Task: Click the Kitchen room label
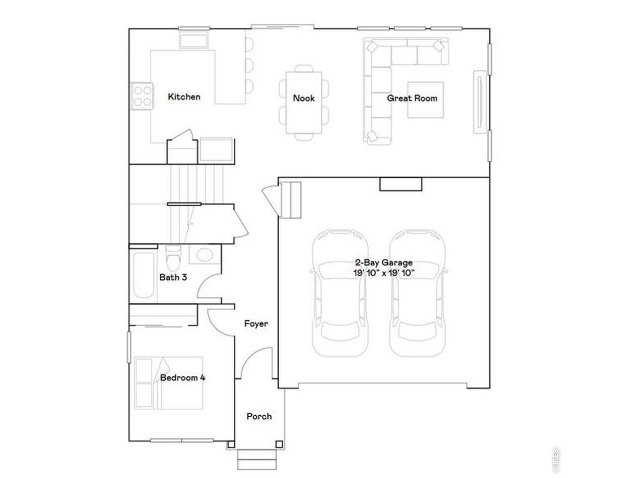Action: (x=184, y=97)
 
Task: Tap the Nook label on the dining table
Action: (x=304, y=98)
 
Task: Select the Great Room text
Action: (x=412, y=98)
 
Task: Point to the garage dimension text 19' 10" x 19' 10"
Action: (x=384, y=273)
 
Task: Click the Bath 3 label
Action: (x=173, y=277)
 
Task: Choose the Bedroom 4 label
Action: (x=183, y=377)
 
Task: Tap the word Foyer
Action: (x=256, y=324)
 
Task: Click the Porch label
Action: (x=259, y=416)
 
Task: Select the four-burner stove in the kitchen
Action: (x=142, y=96)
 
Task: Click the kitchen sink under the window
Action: (x=194, y=40)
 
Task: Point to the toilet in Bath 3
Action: (x=173, y=258)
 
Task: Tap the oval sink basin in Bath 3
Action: (x=205, y=255)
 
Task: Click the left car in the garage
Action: (x=340, y=293)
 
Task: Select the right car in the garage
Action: (x=418, y=293)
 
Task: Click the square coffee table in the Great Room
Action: (x=425, y=100)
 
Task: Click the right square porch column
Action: (x=279, y=444)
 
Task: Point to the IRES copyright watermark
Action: (x=555, y=460)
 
